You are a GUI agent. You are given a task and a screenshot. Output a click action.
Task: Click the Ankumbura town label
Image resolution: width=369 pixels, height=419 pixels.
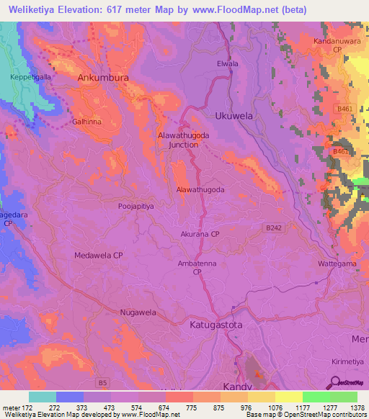tap(103, 77)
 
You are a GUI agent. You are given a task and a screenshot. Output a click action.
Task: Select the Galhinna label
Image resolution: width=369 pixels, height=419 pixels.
tap(86, 122)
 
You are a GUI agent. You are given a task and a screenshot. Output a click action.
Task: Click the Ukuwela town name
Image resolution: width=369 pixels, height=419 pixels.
tap(235, 115)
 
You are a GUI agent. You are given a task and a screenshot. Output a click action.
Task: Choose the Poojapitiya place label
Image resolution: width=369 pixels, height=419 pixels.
tap(136, 206)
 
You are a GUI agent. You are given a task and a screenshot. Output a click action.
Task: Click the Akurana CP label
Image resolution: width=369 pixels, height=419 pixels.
tap(200, 234)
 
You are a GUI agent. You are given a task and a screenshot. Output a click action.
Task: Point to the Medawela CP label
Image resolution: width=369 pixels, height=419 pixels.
tap(99, 256)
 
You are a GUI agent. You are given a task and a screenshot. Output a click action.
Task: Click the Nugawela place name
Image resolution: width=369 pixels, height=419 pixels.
tap(138, 312)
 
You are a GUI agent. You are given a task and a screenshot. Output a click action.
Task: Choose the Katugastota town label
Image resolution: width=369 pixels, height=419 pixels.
tap(216, 325)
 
